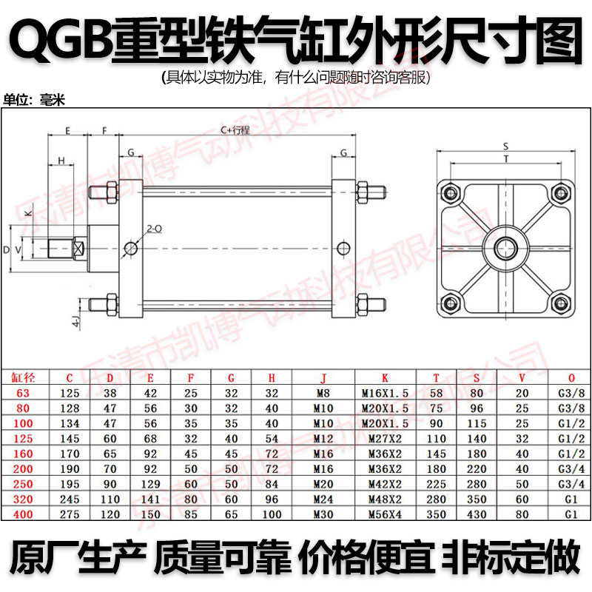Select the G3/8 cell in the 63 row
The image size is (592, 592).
(x=565, y=392)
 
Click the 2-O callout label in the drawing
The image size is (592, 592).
(x=155, y=229)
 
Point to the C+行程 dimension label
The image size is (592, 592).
(x=236, y=130)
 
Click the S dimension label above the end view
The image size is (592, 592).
(x=505, y=146)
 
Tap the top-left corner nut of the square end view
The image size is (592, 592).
(x=448, y=194)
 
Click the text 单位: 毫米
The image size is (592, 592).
(x=36, y=100)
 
